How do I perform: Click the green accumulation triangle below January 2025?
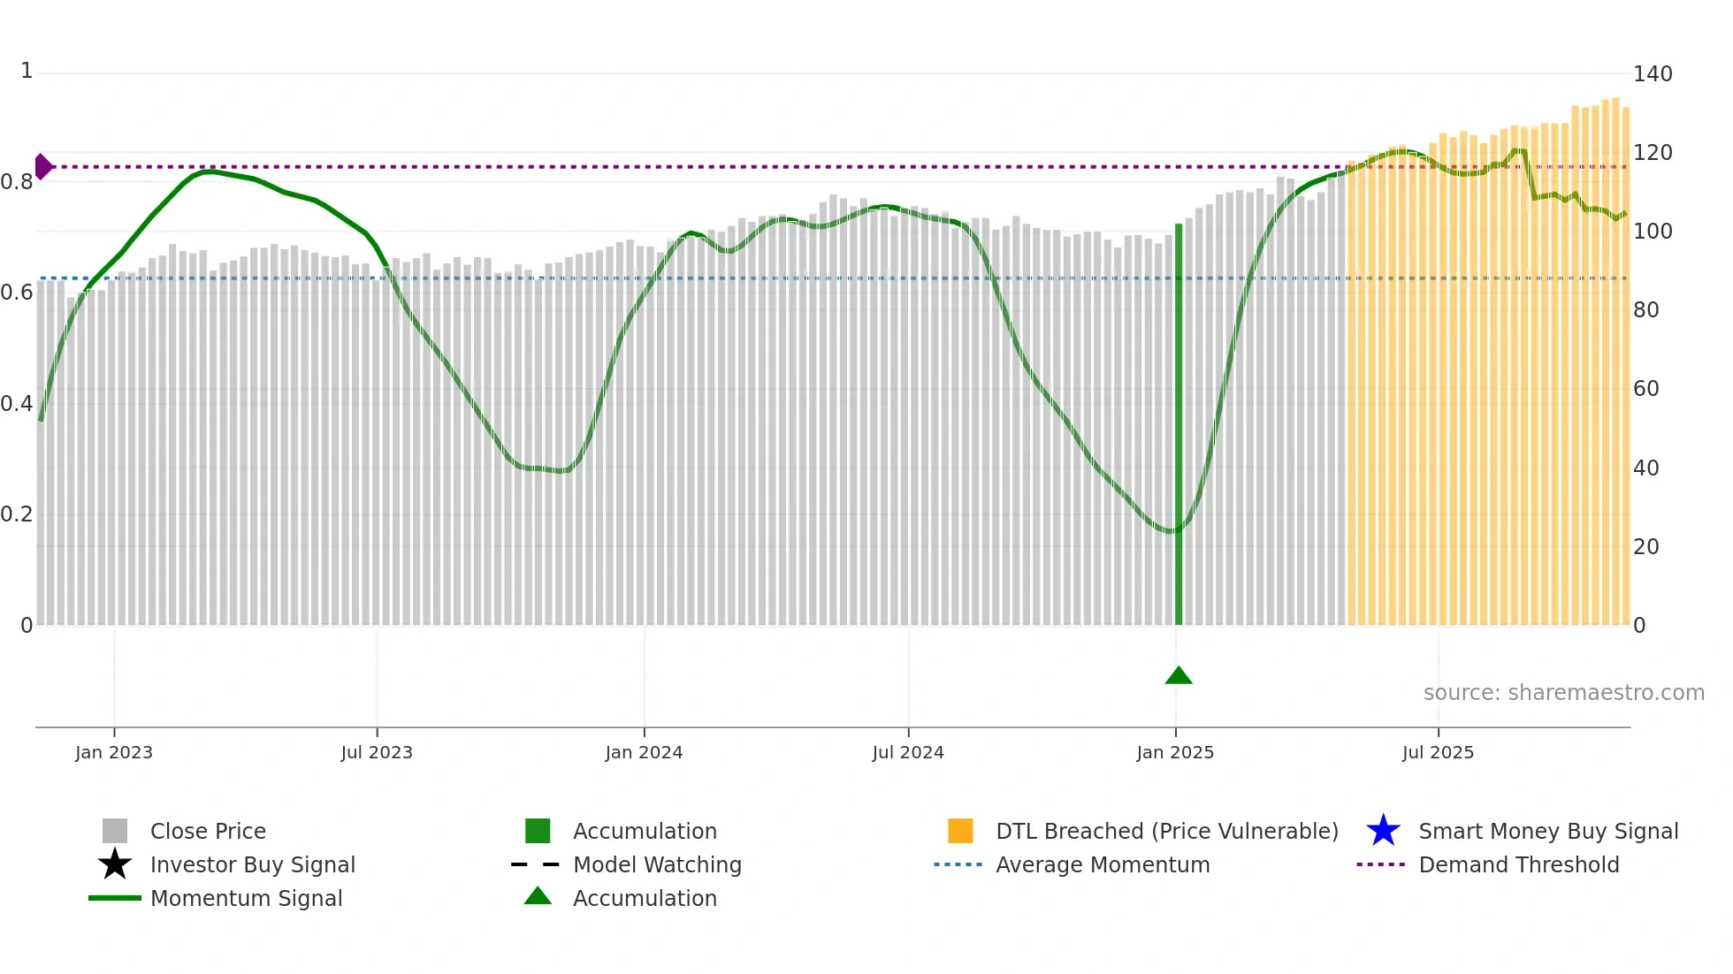[x=1179, y=676]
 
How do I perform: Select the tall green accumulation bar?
[x=1179, y=424]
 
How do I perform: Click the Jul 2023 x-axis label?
[x=377, y=752]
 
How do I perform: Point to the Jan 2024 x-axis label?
[x=644, y=752]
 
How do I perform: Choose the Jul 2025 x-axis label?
[x=1438, y=752]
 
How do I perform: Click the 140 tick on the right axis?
[x=1653, y=74]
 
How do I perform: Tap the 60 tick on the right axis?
[x=1646, y=389]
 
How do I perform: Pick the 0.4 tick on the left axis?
[x=17, y=404]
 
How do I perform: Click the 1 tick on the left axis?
[x=27, y=71]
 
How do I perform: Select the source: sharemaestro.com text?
[x=1563, y=693]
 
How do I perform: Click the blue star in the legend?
[x=1383, y=831]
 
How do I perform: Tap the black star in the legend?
[x=115, y=864]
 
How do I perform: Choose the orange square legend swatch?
[x=960, y=831]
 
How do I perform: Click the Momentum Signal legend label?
[x=246, y=898]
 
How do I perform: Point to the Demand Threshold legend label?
[x=1518, y=864]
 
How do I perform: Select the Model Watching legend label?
[x=657, y=864]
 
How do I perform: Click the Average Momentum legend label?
[x=1103, y=864]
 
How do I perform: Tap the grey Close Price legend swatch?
[x=115, y=831]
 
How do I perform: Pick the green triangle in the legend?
[x=538, y=897]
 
